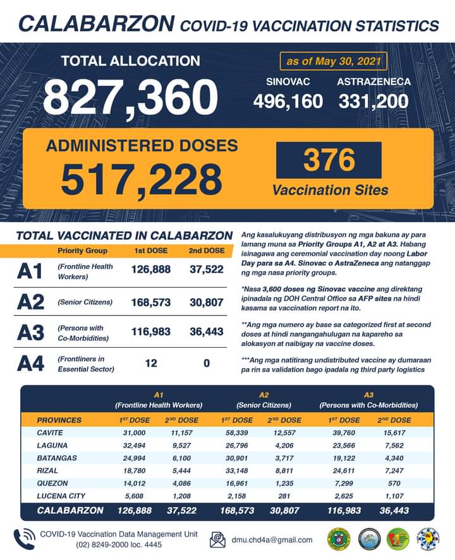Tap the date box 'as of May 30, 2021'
click(x=332, y=61)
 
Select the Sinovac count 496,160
click(x=288, y=100)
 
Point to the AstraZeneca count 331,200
click(x=373, y=100)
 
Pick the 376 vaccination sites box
click(x=329, y=160)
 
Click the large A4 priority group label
click(x=30, y=364)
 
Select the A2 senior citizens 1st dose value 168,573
click(x=151, y=302)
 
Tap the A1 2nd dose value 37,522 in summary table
click(x=207, y=270)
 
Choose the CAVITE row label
click(x=51, y=432)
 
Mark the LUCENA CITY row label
click(x=62, y=496)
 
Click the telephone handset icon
click(x=23, y=539)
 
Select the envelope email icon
click(x=218, y=540)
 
